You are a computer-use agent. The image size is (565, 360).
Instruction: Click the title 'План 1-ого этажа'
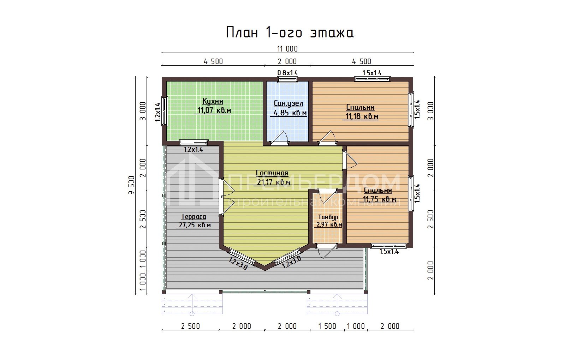point(290,32)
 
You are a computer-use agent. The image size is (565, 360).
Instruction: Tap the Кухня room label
point(213,106)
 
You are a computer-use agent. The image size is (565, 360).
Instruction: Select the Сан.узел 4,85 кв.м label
point(289,108)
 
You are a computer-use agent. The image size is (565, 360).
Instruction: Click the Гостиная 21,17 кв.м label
point(272,178)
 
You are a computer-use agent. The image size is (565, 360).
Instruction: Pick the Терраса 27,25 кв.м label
point(194,221)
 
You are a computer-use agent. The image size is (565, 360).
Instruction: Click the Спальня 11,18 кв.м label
point(361,112)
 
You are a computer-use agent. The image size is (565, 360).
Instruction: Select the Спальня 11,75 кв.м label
point(378,195)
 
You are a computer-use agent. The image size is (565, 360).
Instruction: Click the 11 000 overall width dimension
point(287,49)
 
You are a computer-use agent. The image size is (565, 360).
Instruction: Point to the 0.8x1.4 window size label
point(287,73)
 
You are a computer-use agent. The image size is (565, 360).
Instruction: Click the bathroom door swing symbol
point(281,138)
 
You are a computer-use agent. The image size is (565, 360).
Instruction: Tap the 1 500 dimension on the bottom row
point(327,326)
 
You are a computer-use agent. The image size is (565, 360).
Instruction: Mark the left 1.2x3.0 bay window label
point(238,264)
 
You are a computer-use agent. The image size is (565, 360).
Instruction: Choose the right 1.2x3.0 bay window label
point(292,262)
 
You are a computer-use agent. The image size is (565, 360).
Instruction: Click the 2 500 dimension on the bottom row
point(190,326)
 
